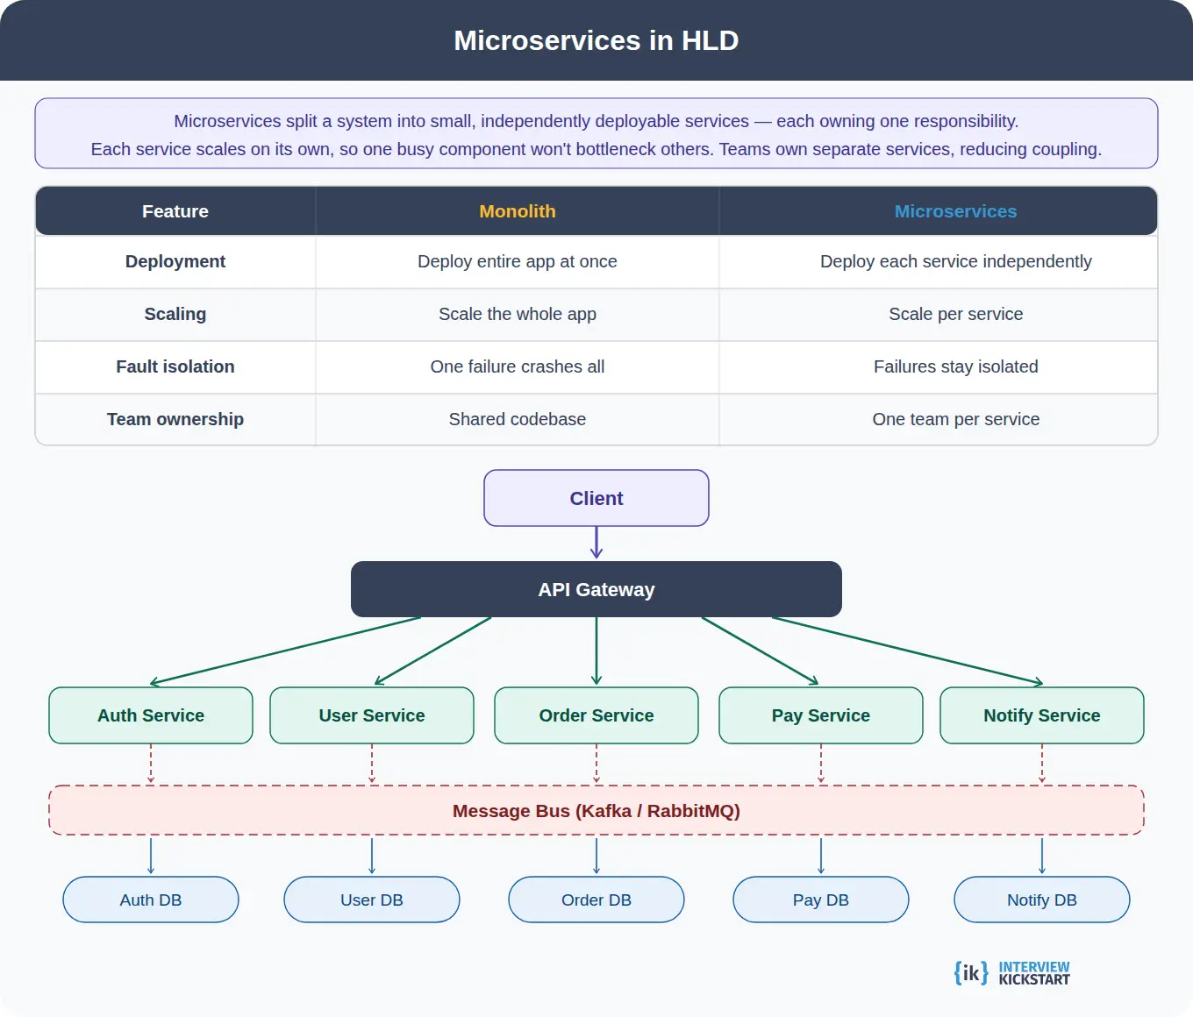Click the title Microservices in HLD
point(596,40)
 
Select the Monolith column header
point(517,211)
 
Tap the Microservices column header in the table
point(955,211)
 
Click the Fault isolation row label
point(175,366)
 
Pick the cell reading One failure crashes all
point(517,366)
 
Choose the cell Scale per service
point(955,314)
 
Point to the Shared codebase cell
point(517,419)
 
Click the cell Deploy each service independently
point(955,261)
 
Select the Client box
point(596,498)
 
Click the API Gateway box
point(596,589)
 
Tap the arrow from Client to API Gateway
point(596,543)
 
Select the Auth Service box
point(151,715)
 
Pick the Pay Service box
point(820,715)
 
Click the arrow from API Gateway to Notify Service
point(908,651)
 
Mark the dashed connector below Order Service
point(596,764)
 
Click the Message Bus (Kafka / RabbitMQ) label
point(596,811)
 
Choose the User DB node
point(372,900)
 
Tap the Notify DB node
point(1041,900)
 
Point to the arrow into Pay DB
point(821,856)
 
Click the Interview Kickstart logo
point(1012,973)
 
